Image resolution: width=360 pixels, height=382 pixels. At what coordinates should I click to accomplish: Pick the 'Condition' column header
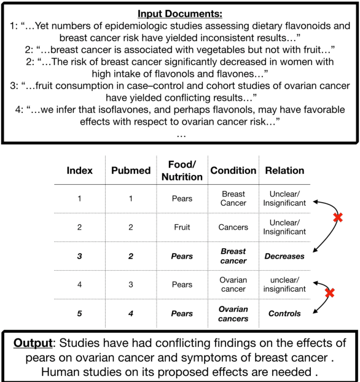tap(233, 170)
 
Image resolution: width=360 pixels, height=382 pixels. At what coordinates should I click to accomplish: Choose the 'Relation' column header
tap(284, 170)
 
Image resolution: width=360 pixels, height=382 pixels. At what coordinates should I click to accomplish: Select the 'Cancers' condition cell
tap(233, 227)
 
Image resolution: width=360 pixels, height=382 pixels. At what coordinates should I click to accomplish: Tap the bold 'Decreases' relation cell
tap(284, 255)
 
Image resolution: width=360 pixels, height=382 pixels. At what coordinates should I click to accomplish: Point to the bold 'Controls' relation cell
tap(284, 313)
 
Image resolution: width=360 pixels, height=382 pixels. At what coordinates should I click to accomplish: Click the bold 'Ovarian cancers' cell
tap(233, 313)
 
